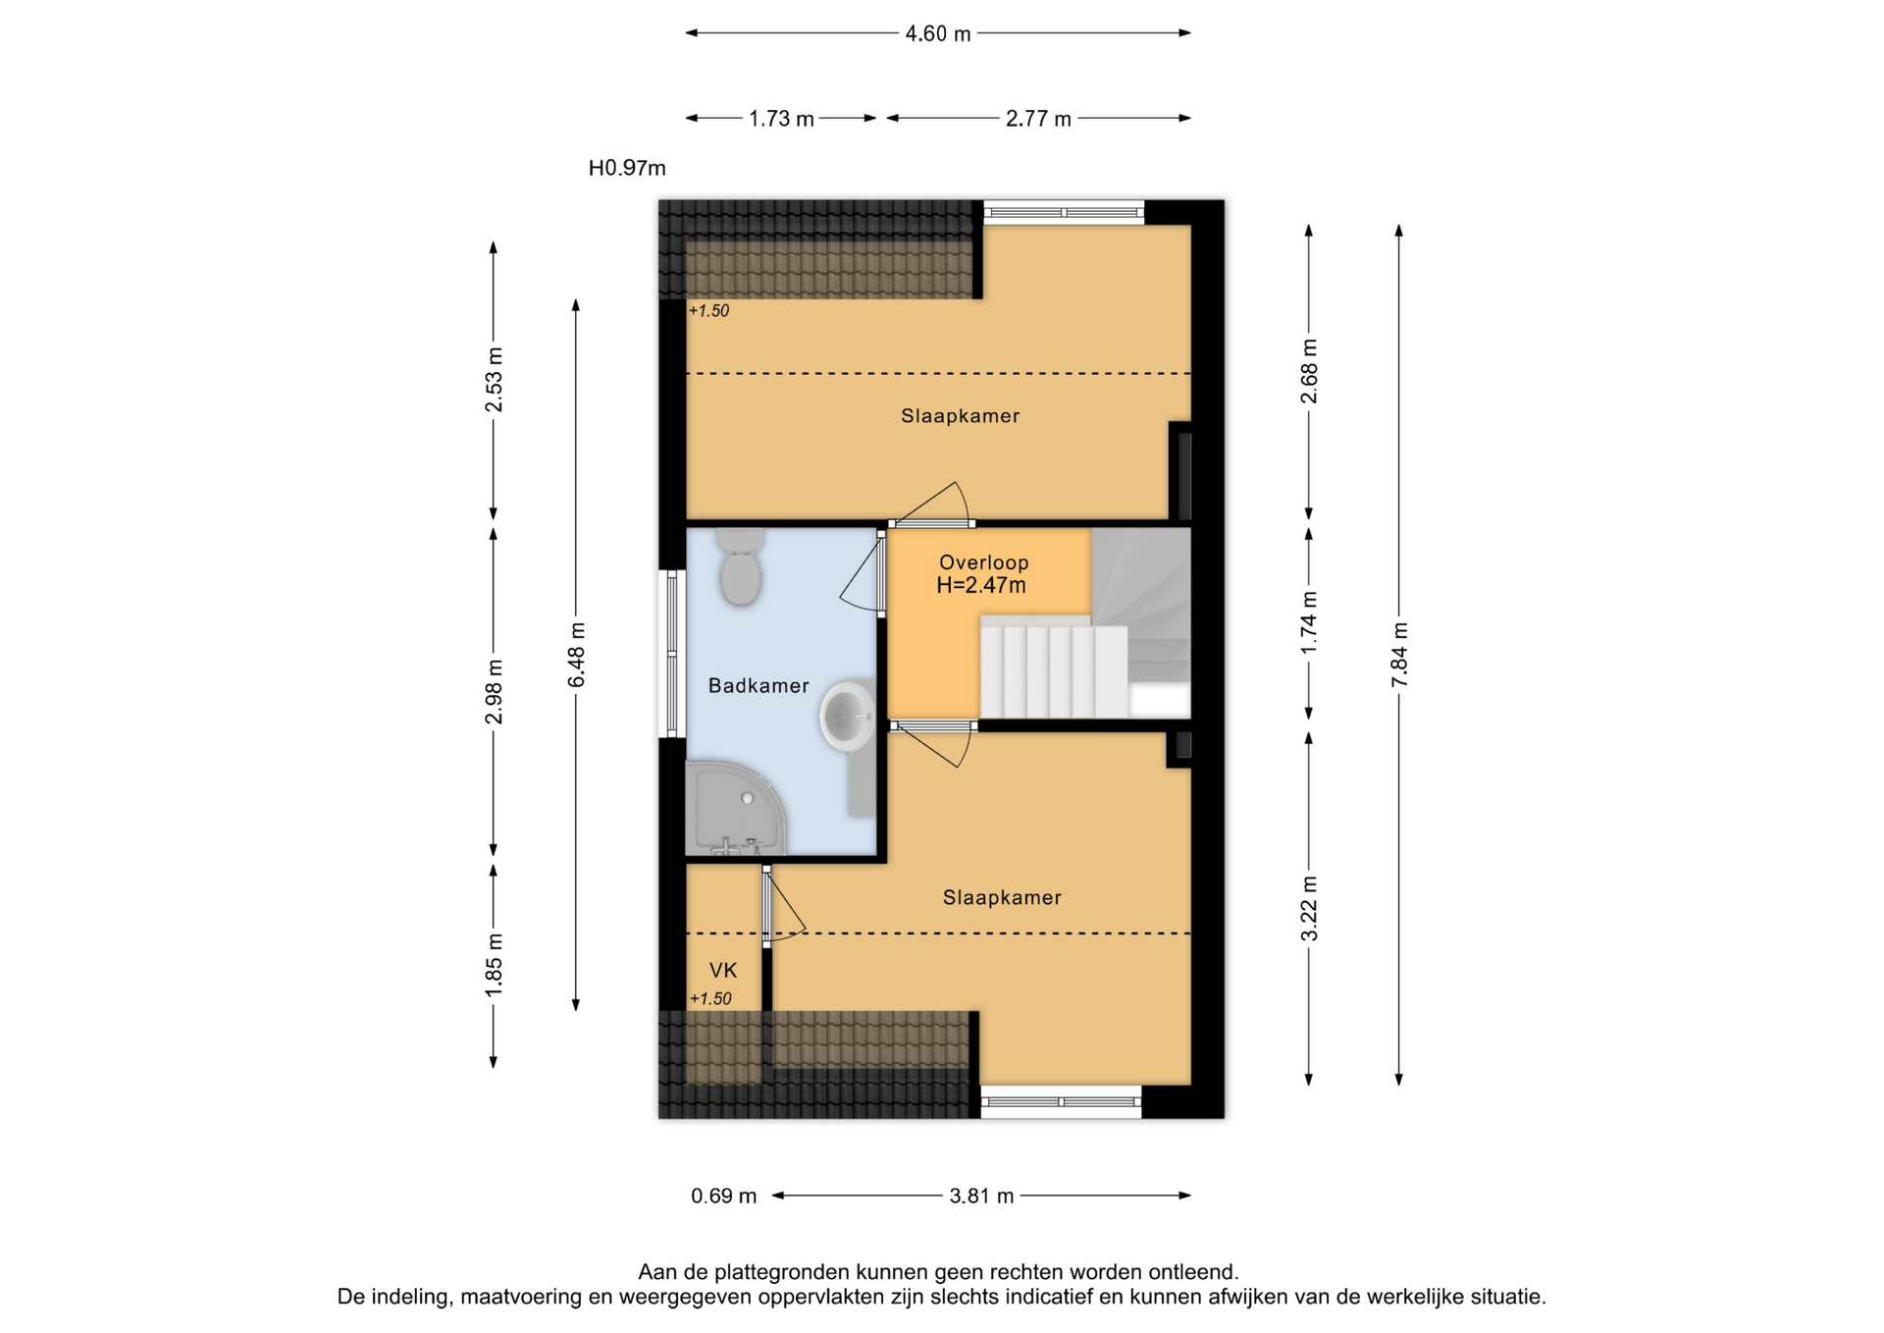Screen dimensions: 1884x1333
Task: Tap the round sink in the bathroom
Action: pyautogui.click(x=847, y=715)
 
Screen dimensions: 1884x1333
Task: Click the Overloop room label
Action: pyautogui.click(x=983, y=562)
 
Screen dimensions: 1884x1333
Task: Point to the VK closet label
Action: pyautogui.click(x=723, y=971)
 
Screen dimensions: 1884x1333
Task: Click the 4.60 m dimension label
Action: pyautogui.click(x=938, y=34)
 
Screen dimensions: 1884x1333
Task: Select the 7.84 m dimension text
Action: pyautogui.click(x=1399, y=655)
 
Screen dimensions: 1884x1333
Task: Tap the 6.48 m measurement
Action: pyautogui.click(x=576, y=655)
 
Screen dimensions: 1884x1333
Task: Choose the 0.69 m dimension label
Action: pyautogui.click(x=724, y=1197)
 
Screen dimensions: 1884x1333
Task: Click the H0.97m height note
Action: pyautogui.click(x=627, y=169)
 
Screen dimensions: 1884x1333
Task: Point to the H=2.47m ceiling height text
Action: pyautogui.click(x=981, y=586)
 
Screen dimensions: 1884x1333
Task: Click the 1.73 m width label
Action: pyautogui.click(x=781, y=119)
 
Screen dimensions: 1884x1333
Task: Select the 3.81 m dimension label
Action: pyautogui.click(x=981, y=1197)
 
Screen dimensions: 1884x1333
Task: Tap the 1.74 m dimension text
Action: pyautogui.click(x=1309, y=623)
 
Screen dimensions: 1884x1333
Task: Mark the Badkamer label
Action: pyautogui.click(x=759, y=686)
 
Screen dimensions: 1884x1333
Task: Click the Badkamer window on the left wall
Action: pyautogui.click(x=672, y=654)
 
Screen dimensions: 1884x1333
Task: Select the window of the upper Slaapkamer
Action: pyautogui.click(x=1064, y=212)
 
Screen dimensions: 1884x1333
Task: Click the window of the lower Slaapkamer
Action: pyautogui.click(x=1061, y=1101)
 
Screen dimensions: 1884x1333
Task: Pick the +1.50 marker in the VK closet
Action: pyautogui.click(x=710, y=999)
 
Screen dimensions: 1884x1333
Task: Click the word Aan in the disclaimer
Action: pyautogui.click(x=656, y=1273)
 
